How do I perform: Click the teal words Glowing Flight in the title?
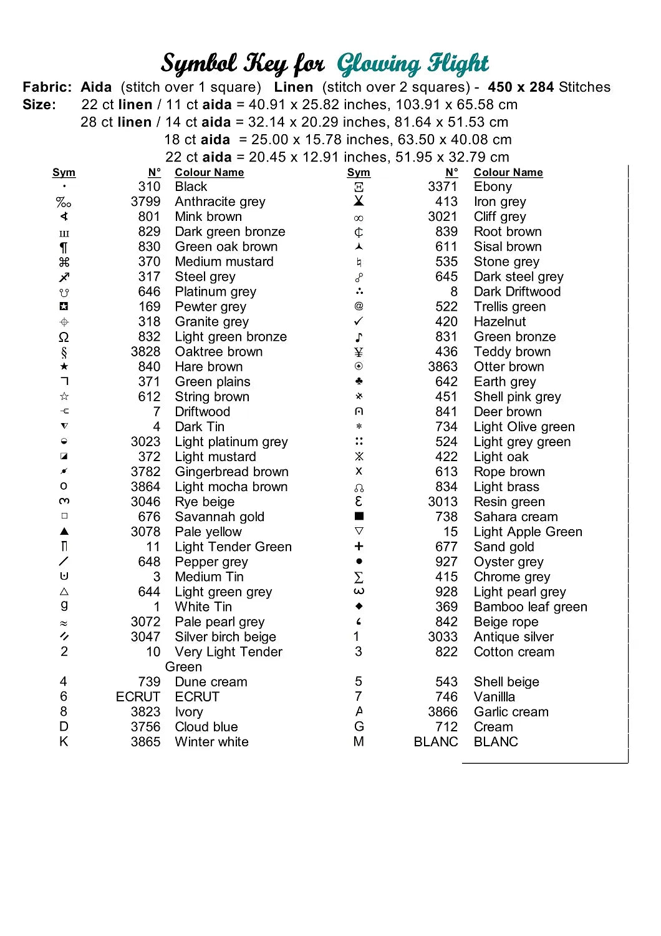[413, 64]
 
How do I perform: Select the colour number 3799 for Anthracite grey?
[145, 202]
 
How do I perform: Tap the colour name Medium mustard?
[224, 261]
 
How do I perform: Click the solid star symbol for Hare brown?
[64, 366]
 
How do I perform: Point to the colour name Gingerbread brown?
[231, 472]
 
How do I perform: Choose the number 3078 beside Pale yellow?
[145, 532]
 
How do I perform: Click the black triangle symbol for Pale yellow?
[64, 532]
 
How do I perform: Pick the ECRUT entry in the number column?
[138, 696]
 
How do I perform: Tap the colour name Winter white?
[211, 742]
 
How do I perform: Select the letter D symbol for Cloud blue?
[64, 726]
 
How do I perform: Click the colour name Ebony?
[493, 187]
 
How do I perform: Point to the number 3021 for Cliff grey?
[443, 217]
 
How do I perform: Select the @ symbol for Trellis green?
[359, 306]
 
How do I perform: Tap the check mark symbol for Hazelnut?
[359, 321]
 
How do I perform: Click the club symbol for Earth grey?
[359, 381]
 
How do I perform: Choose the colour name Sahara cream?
[516, 517]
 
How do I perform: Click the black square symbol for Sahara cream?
[359, 516]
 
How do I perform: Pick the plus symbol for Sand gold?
[359, 547]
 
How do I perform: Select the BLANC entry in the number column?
[436, 742]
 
